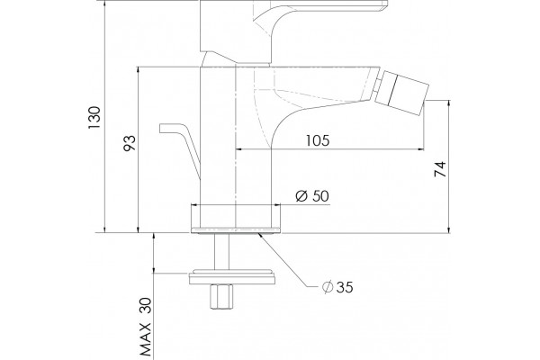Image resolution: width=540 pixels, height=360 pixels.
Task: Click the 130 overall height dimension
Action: click(x=94, y=118)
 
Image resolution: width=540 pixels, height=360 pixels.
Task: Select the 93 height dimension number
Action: click(x=130, y=143)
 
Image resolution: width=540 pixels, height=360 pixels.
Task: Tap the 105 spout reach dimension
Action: click(x=318, y=140)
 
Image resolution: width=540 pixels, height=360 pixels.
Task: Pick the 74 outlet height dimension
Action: click(x=440, y=169)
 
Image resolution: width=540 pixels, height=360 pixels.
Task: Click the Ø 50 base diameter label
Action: click(x=312, y=196)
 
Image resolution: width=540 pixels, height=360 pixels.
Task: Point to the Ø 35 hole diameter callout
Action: click(x=337, y=287)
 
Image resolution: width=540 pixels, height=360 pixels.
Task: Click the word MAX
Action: click(x=146, y=339)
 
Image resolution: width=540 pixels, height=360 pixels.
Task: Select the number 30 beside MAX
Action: click(x=146, y=306)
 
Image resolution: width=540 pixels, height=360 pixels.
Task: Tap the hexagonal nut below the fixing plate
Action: click(x=221, y=297)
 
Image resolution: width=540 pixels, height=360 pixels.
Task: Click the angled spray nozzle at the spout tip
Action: click(x=401, y=93)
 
